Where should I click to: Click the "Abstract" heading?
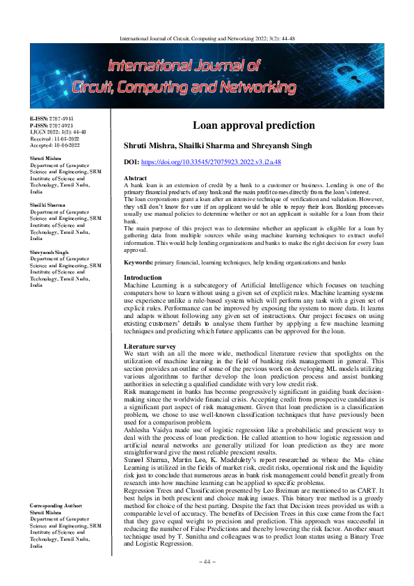tap(135, 178)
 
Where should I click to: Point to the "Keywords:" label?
tap(138, 262)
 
